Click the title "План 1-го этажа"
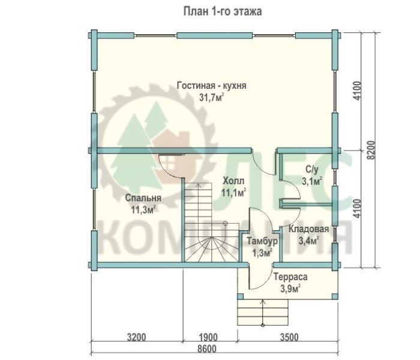223,12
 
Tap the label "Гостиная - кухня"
212,86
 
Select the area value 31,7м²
212,97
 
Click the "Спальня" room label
143,198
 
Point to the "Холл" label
233,181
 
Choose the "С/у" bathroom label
312,169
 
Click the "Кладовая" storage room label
308,229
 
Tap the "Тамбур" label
262,241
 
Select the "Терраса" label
290,277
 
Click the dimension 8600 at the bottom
207,349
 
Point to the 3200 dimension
137,337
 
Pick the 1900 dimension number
209,337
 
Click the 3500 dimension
289,337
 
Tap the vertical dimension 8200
371,150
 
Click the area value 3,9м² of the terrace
290,289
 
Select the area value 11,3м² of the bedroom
143,210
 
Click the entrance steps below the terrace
263,313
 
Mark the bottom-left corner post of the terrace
241,296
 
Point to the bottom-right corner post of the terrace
335,296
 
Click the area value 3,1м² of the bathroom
312,181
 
